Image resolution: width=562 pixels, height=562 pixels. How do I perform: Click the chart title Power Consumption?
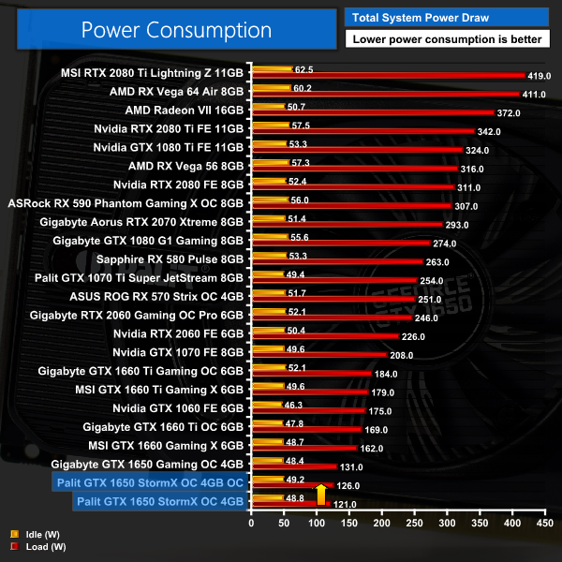tap(176, 29)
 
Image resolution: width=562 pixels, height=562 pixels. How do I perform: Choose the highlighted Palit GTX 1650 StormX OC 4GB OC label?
tap(150, 482)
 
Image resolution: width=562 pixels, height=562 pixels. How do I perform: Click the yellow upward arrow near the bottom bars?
tap(320, 494)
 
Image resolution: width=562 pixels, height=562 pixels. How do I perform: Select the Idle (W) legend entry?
tap(30, 534)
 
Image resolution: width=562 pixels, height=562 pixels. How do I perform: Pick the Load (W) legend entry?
tap(30, 545)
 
